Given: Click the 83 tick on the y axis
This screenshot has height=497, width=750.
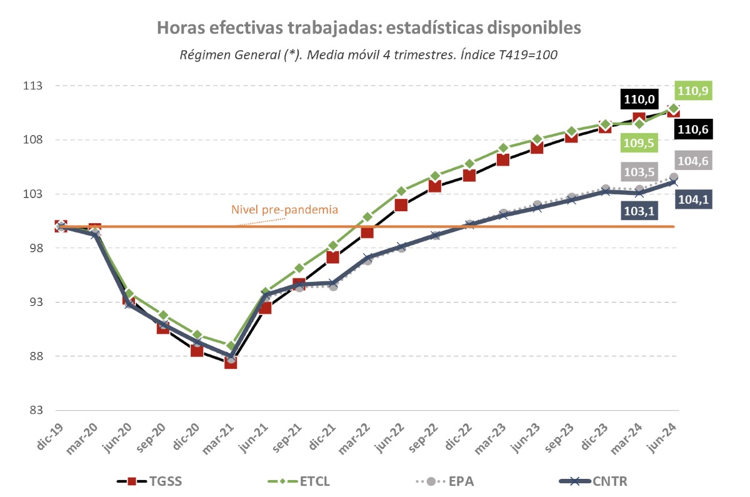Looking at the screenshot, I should pyautogui.click(x=36, y=411).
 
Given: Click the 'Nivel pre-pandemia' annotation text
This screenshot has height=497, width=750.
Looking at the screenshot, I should pyautogui.click(x=284, y=209).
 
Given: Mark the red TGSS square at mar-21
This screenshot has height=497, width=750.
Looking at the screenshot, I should pyautogui.click(x=231, y=363).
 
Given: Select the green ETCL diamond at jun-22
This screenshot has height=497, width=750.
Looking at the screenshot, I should pyautogui.click(x=401, y=191).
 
